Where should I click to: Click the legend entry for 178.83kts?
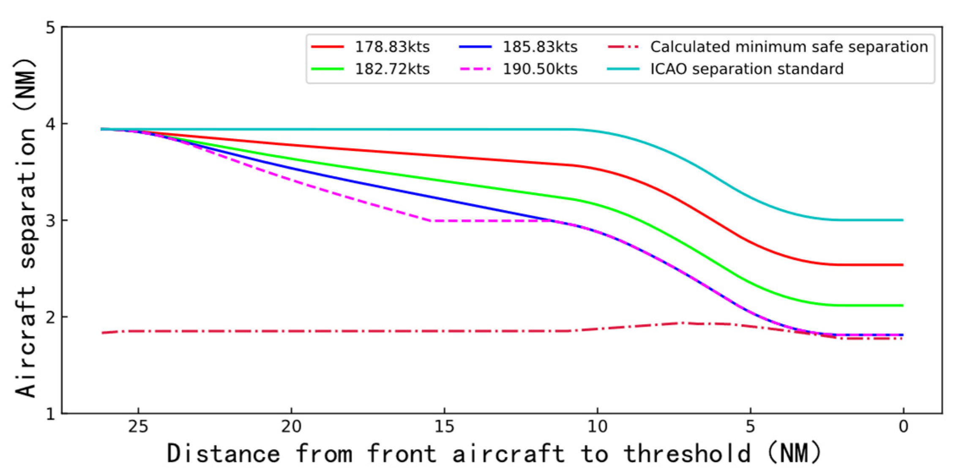(392, 47)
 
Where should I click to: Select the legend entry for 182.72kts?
(392, 69)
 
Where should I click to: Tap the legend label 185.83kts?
(540, 47)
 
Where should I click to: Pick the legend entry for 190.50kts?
(540, 69)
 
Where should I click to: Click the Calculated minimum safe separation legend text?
(789, 47)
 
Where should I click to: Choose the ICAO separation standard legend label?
(746, 69)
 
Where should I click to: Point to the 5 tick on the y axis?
(51, 28)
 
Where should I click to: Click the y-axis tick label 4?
(51, 124)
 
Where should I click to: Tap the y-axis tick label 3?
(51, 221)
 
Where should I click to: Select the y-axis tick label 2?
(51, 317)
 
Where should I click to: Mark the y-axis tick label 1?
(51, 413)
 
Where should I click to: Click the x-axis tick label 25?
(138, 427)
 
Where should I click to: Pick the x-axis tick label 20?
(291, 427)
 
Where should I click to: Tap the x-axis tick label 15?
(444, 427)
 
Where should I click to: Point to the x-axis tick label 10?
(597, 427)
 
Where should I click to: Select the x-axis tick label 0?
(903, 427)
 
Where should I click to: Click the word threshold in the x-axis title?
(687, 454)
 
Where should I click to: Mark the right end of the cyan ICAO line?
(903, 220)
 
